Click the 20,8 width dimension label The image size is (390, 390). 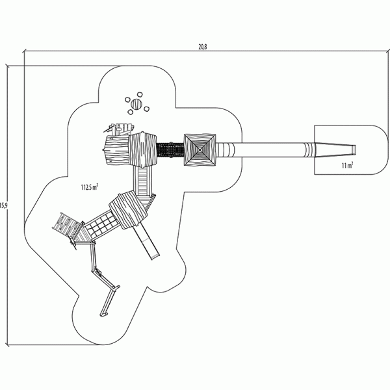[202, 47]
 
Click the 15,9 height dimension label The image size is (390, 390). [3, 205]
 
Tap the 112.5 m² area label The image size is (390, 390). [89, 187]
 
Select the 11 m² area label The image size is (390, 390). [348, 165]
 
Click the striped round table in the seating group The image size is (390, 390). [136, 104]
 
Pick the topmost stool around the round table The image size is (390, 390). [140, 95]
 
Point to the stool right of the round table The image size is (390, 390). [146, 109]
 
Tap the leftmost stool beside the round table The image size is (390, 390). [127, 99]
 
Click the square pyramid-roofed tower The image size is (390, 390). [200, 149]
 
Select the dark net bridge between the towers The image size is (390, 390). [170, 149]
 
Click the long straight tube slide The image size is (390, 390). [266, 149]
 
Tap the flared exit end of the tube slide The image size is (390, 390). [335, 149]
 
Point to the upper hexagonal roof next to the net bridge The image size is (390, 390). [142, 149]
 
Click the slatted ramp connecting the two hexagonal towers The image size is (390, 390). [142, 180]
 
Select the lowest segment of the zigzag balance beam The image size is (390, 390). [108, 302]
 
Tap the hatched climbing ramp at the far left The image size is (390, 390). [67, 226]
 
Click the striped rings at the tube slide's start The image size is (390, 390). [228, 149]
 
